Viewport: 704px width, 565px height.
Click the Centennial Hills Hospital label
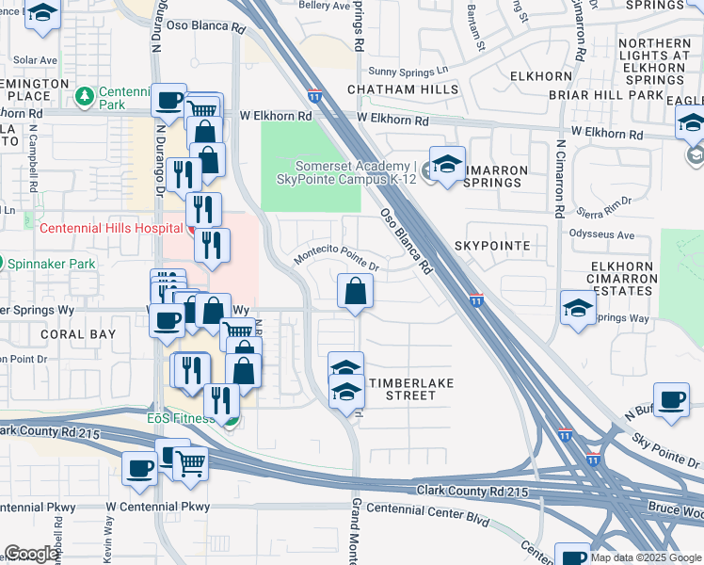click(110, 228)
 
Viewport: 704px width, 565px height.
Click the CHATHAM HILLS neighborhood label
click(403, 90)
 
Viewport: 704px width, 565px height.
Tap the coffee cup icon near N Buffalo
click(671, 399)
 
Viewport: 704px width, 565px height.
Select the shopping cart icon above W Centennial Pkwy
click(190, 464)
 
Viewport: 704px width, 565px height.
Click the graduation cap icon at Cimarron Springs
click(447, 163)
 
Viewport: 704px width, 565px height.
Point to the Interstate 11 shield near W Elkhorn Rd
click(314, 96)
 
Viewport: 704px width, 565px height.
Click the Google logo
click(32, 554)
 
